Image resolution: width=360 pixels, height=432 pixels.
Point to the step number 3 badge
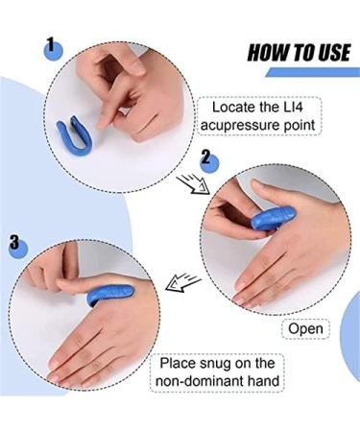16,245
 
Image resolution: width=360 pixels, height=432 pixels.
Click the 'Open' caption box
306,329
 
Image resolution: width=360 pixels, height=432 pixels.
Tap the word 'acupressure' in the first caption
245,125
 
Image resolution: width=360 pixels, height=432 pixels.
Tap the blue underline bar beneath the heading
317,73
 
